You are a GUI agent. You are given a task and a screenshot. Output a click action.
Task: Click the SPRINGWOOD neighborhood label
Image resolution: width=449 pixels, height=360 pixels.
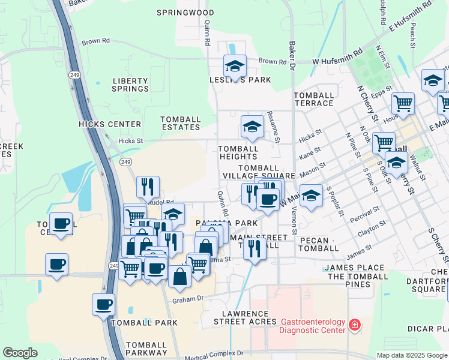[185, 12]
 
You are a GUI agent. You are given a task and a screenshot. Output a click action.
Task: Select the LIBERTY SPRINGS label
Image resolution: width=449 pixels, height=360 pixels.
[130, 85]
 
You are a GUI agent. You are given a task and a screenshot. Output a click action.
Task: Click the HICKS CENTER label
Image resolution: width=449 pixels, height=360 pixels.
[110, 124]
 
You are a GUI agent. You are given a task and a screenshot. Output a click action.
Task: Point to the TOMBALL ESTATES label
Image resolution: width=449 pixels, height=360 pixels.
[181, 123]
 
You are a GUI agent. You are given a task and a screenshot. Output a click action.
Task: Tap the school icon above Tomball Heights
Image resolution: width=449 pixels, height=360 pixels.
[252, 127]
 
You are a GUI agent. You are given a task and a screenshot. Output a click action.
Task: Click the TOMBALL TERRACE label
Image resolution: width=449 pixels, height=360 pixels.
[314, 99]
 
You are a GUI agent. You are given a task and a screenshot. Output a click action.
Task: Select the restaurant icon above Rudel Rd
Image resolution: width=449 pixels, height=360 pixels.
[148, 187]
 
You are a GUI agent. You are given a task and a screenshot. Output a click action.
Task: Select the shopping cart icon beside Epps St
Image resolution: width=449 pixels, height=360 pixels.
[403, 103]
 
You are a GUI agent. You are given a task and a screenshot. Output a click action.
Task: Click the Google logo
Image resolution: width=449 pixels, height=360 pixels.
[20, 353]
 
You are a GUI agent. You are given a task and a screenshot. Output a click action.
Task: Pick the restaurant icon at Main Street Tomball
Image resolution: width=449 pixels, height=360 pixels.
[255, 248]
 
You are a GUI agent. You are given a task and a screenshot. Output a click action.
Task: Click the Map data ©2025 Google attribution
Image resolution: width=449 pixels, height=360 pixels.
[412, 355]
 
